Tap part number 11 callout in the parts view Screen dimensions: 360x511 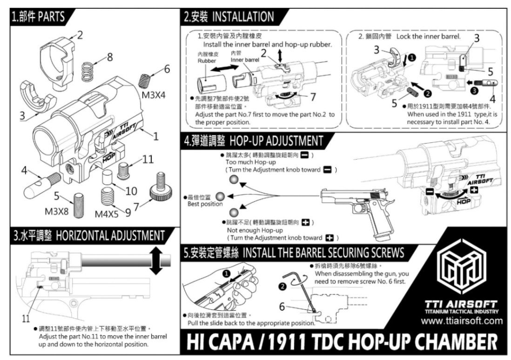[148, 159]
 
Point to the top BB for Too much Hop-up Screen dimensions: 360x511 [233, 180]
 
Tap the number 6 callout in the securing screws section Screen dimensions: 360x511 [282, 307]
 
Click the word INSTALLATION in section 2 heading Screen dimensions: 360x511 [243, 17]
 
